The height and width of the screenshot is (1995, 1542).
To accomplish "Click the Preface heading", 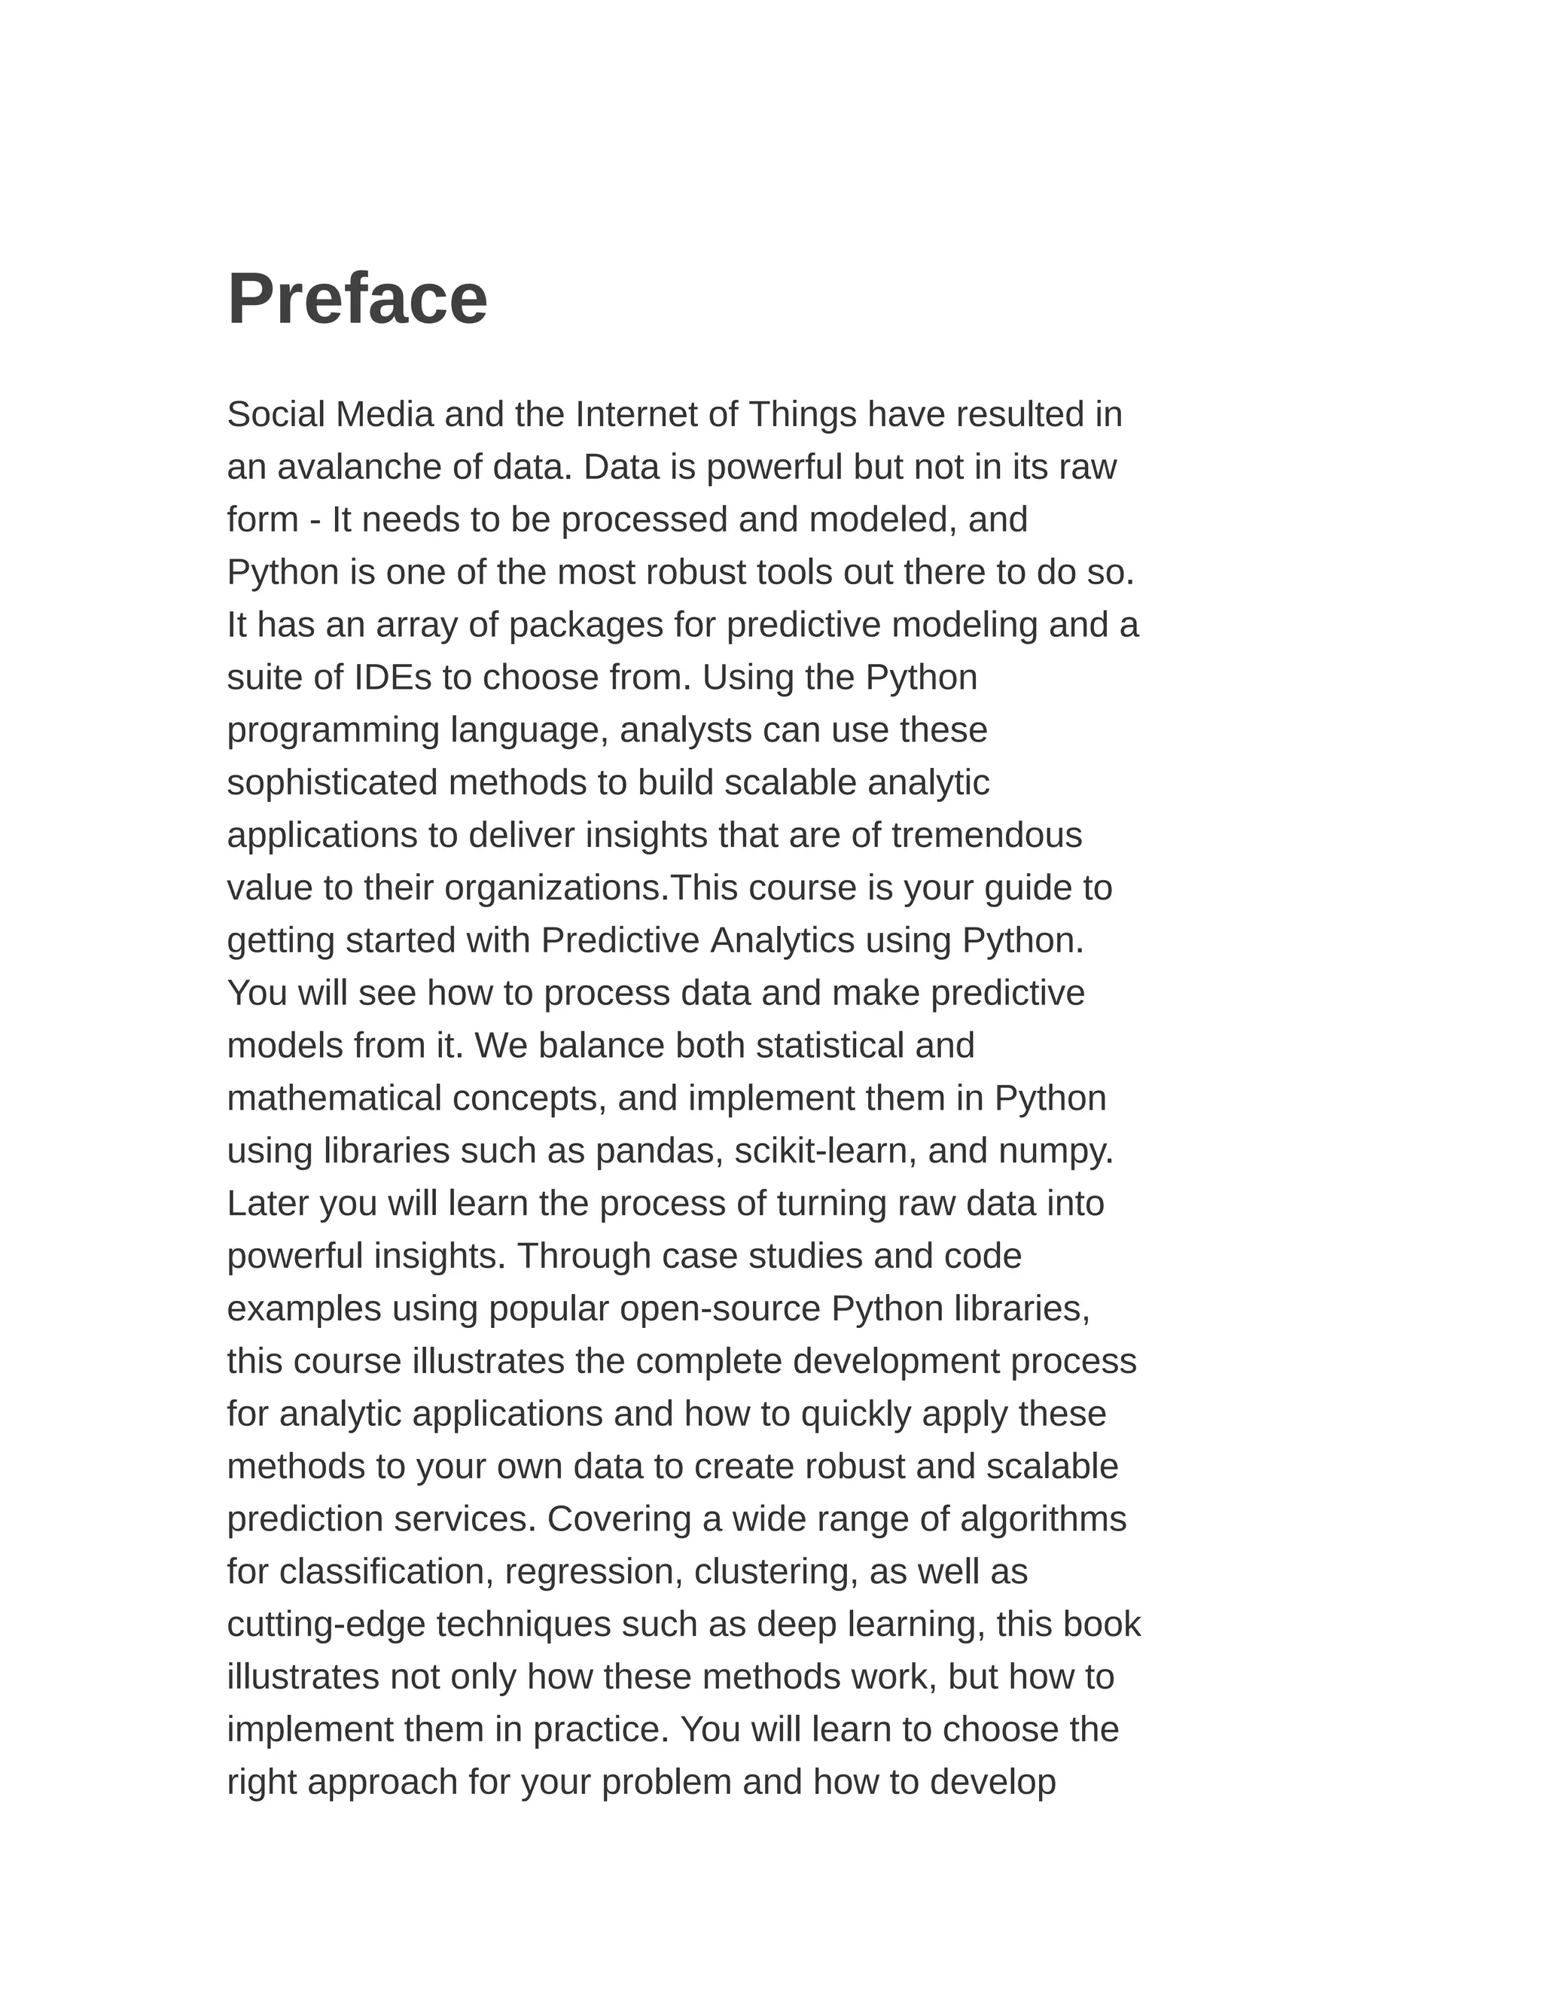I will [x=357, y=299].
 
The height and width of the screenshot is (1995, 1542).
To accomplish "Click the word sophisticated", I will [x=333, y=783].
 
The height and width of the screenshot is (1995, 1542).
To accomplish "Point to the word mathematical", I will [x=334, y=1098].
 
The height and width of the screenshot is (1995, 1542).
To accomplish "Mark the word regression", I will [x=593, y=1572].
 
